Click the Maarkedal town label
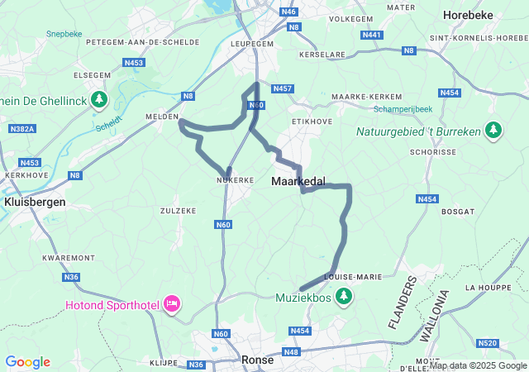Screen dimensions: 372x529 [x=298, y=180]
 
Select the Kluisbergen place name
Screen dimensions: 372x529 [x=34, y=201]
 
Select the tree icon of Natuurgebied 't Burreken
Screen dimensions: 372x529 [x=493, y=130]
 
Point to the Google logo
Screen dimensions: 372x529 [x=27, y=362]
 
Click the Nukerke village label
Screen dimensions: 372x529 [x=234, y=179]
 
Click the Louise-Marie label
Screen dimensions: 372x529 [x=354, y=277]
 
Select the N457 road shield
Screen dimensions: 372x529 [x=283, y=88]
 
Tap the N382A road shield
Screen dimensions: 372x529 [x=22, y=129]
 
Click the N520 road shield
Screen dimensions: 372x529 [x=488, y=343]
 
